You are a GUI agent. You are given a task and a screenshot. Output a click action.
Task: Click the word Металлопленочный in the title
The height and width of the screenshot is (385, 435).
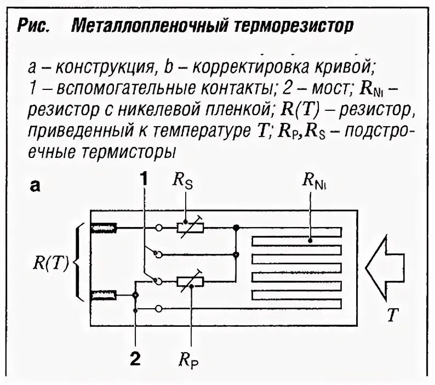[143, 25]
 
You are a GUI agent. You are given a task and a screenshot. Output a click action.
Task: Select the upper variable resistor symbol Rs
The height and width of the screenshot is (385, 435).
[190, 227]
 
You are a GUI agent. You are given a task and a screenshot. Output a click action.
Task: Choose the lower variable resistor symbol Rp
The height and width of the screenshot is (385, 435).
[190, 281]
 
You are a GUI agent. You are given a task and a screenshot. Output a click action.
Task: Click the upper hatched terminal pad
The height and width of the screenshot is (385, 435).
[102, 227]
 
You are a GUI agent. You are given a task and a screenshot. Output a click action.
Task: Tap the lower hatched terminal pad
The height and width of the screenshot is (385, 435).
[102, 296]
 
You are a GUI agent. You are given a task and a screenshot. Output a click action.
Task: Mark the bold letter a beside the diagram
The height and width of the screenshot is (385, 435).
[35, 186]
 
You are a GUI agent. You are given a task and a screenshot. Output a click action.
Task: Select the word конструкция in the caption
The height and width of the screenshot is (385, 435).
[105, 67]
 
